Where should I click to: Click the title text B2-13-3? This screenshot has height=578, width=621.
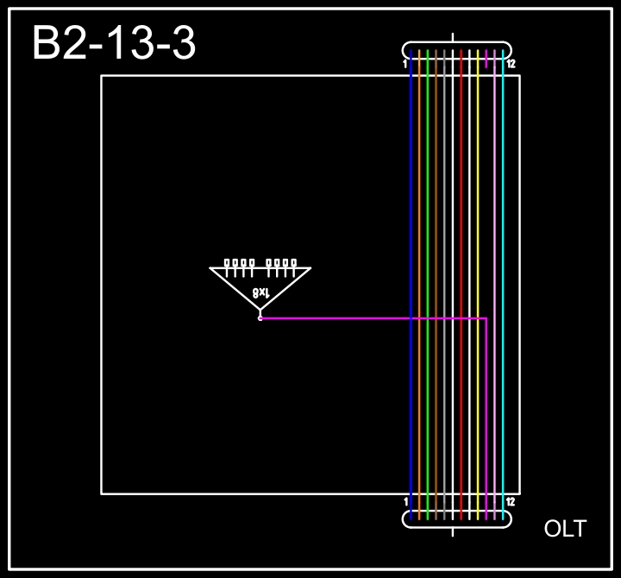[x=114, y=43]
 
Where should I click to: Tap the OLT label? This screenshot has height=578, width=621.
[x=565, y=529]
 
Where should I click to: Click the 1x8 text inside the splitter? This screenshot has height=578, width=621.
[x=261, y=292]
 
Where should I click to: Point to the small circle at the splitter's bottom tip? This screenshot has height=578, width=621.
[x=260, y=318]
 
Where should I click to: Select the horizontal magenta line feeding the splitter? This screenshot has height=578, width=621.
[x=374, y=317]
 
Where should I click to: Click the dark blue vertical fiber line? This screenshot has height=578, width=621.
[x=411, y=285]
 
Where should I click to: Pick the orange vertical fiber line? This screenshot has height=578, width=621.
[x=419, y=285]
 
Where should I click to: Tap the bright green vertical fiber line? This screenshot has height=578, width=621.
[x=427, y=285]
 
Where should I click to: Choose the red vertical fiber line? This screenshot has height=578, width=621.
[x=461, y=285]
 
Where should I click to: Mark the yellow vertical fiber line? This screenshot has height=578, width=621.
[x=478, y=285]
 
